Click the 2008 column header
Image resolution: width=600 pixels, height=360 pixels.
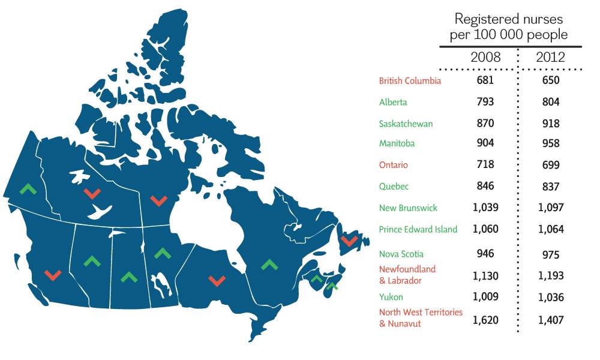[x=485, y=58]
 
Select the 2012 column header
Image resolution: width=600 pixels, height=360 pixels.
[x=550, y=58]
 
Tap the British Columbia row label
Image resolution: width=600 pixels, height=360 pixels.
[x=410, y=80]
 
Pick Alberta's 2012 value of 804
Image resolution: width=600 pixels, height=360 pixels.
[x=550, y=102]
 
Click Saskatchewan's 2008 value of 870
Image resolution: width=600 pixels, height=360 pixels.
[x=485, y=124]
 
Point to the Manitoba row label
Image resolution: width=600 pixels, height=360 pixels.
[x=397, y=143]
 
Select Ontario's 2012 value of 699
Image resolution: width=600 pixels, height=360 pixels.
[x=550, y=165]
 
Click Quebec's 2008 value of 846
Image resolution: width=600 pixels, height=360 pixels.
[x=485, y=187]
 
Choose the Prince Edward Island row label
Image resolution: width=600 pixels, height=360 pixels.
[x=418, y=229]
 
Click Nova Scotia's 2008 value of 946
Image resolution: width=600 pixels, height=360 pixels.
[x=485, y=254]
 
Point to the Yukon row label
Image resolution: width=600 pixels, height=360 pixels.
[x=391, y=297]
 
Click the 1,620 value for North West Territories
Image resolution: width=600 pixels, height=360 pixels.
[x=485, y=319]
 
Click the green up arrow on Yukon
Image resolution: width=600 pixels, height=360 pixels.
[x=27, y=189]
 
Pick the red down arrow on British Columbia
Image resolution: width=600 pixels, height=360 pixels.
[x=53, y=275]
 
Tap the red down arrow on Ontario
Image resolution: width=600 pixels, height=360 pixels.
[x=217, y=280]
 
